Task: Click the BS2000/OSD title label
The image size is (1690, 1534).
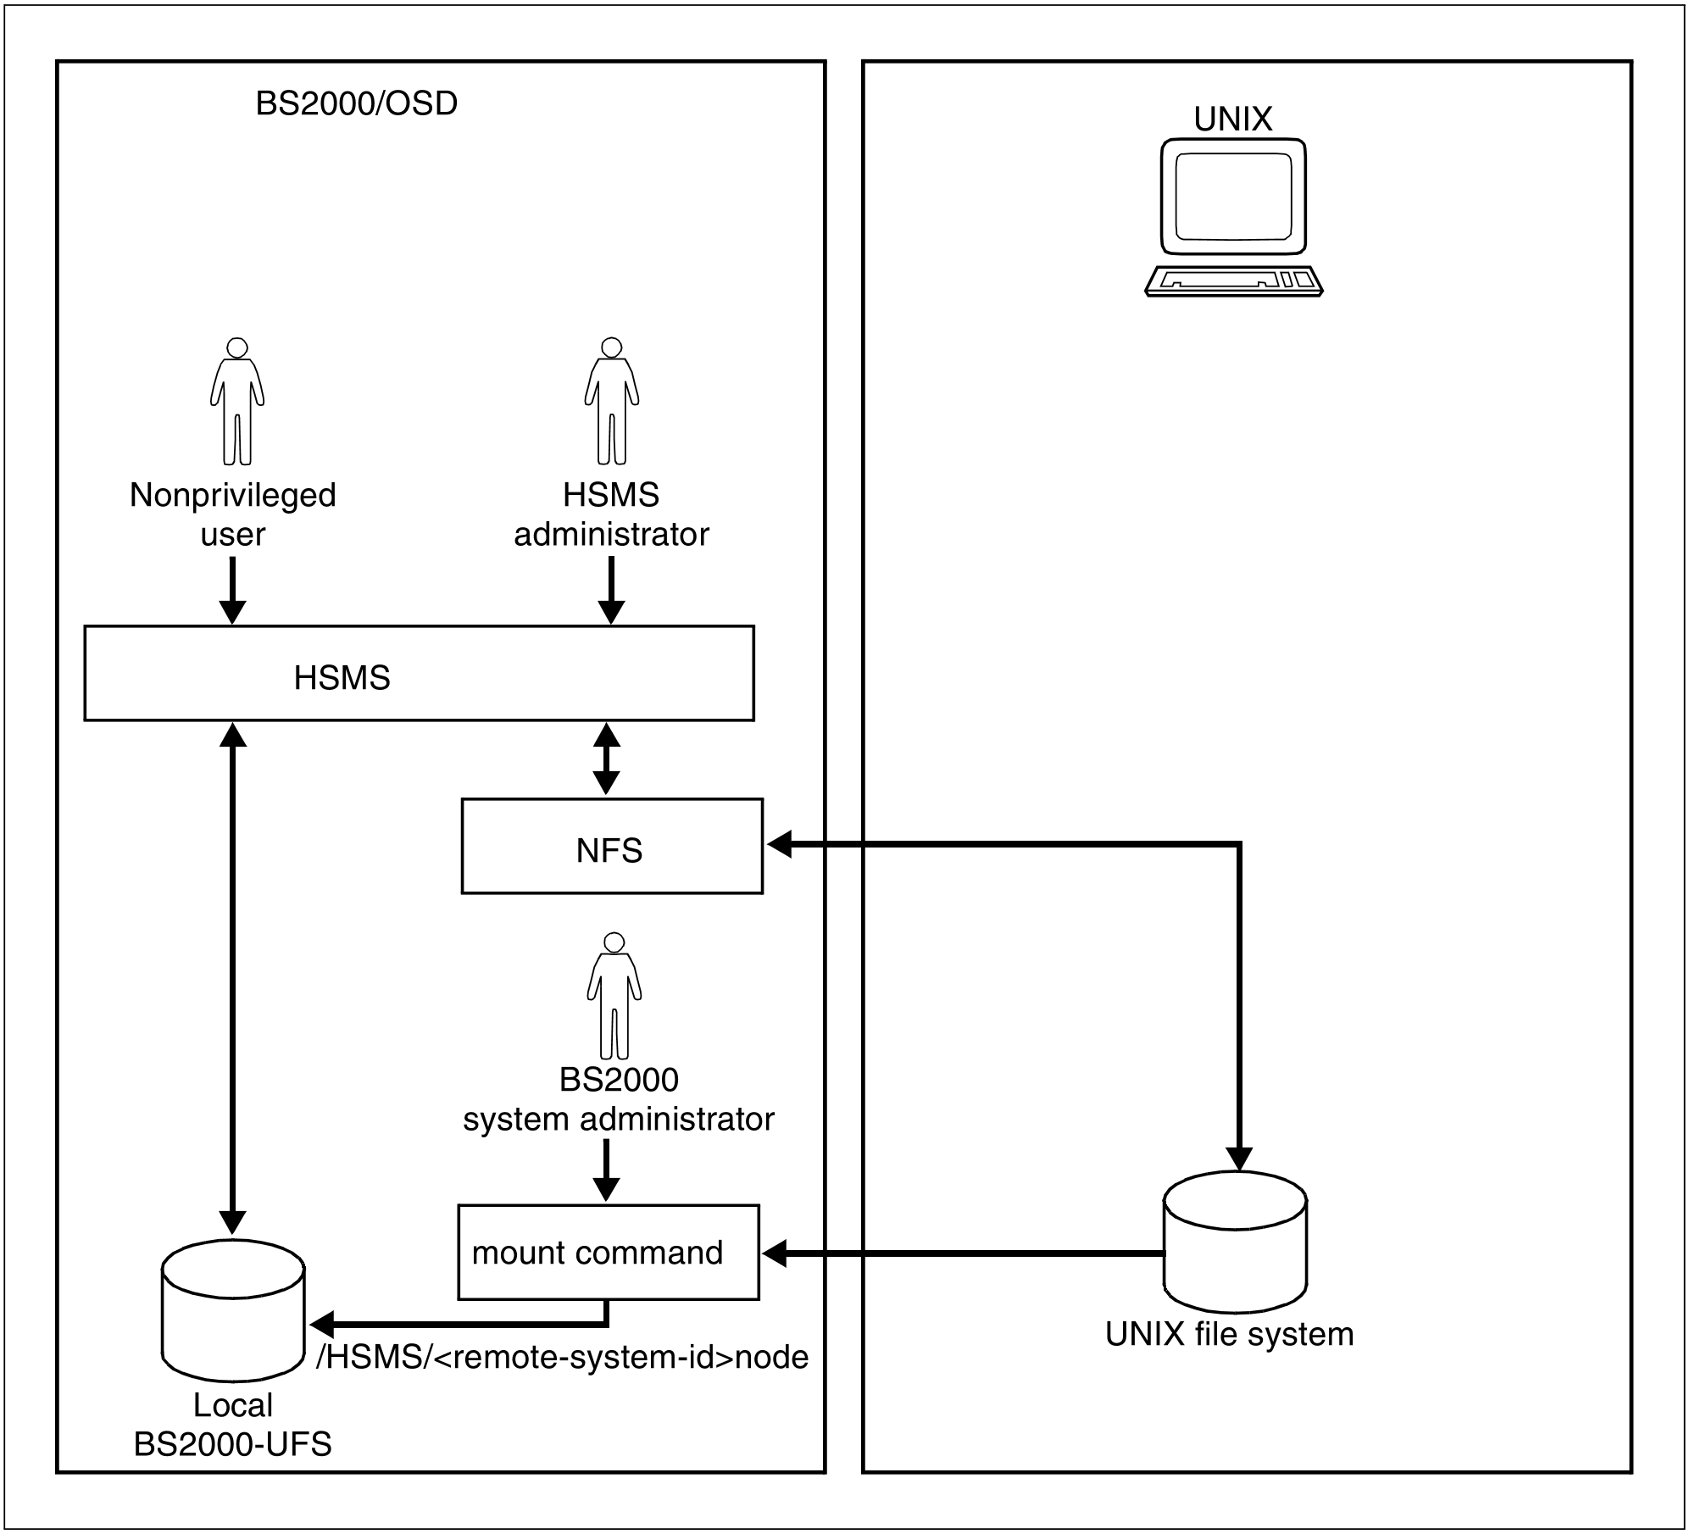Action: click(356, 103)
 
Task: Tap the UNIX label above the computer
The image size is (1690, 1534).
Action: click(1232, 119)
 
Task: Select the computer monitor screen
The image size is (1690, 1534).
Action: click(1233, 197)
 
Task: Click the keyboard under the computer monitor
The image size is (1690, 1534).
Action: click(1233, 281)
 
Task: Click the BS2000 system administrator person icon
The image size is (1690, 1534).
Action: click(614, 996)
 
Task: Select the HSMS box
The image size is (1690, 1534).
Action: click(419, 674)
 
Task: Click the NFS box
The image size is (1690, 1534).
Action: click(611, 846)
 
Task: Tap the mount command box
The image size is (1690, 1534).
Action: click(608, 1252)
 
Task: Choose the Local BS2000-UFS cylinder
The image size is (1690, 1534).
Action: click(233, 1310)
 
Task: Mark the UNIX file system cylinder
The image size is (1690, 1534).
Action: click(1235, 1242)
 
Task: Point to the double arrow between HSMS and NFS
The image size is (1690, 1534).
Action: click(606, 759)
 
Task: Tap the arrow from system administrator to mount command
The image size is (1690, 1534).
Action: click(605, 1170)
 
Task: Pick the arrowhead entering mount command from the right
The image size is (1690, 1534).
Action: click(775, 1253)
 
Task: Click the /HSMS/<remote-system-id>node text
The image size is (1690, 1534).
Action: click(562, 1357)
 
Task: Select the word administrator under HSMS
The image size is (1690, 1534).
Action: click(611, 534)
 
